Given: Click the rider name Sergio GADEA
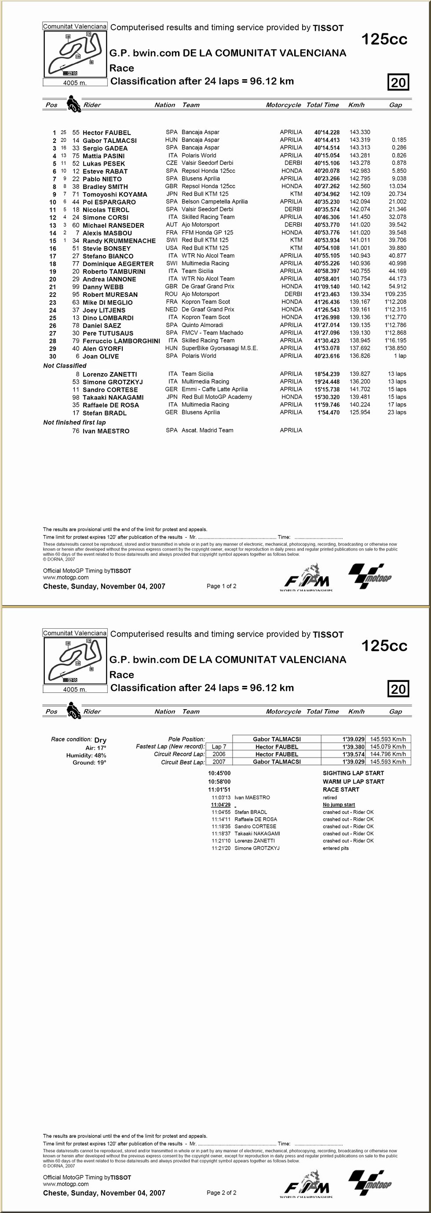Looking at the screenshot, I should [105, 148].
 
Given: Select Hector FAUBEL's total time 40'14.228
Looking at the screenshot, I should [327, 132].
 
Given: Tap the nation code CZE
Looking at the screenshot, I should [172, 163].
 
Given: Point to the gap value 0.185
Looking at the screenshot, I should [398, 140].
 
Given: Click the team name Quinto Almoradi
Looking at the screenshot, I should [202, 325].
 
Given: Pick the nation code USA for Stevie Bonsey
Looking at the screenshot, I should [172, 248].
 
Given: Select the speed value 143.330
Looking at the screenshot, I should [360, 132].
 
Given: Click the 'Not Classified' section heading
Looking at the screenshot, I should [65, 365].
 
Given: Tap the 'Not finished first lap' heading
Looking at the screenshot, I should [74, 423].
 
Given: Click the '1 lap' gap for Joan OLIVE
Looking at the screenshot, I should [400, 356].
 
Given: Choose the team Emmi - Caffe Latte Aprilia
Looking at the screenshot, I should [214, 389].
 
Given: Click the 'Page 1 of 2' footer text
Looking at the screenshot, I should [221, 586].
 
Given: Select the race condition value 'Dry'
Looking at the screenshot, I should [100, 740].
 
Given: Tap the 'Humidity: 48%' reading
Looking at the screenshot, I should [86, 755].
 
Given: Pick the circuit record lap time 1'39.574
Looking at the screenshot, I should [353, 754].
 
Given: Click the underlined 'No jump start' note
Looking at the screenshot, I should [339, 805].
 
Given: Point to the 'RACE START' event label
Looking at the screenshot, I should [341, 790].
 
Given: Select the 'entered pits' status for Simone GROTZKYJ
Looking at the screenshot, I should [336, 848].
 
